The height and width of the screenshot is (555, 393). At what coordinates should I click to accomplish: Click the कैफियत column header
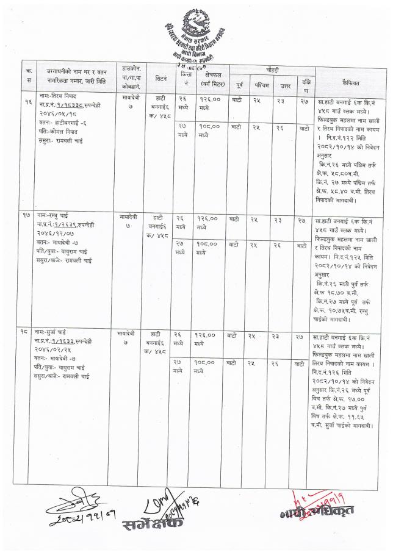tap(345, 80)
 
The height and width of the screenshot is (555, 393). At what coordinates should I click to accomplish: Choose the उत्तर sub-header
tap(281, 84)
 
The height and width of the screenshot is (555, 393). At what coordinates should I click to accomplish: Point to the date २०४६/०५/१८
tap(57, 113)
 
